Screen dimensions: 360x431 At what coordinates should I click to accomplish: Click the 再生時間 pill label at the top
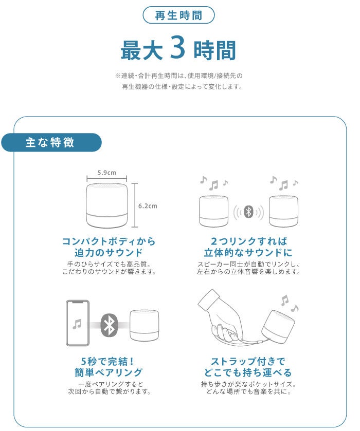pyautogui.click(x=178, y=15)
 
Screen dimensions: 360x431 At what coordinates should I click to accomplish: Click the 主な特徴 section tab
pyautogui.click(x=51, y=142)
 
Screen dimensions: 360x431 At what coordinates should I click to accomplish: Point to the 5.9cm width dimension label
pyautogui.click(x=107, y=173)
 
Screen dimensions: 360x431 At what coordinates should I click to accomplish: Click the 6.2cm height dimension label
pyautogui.click(x=148, y=206)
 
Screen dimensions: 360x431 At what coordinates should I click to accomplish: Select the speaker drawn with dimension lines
pyautogui.click(x=107, y=205)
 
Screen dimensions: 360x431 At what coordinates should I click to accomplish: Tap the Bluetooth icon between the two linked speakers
pyautogui.click(x=249, y=212)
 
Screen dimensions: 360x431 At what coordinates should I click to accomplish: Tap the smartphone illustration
pyautogui.click(x=78, y=323)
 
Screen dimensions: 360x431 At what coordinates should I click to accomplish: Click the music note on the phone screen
pyautogui.click(x=77, y=324)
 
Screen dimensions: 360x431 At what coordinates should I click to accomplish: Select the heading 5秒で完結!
pyautogui.click(x=107, y=361)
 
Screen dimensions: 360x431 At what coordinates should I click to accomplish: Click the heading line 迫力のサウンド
pyautogui.click(x=109, y=252)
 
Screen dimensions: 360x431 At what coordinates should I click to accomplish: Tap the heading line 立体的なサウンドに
pyautogui.click(x=248, y=252)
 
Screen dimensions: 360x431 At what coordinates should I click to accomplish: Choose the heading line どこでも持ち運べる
pyautogui.click(x=248, y=372)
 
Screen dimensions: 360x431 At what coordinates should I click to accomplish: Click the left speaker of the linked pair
pyautogui.click(x=213, y=211)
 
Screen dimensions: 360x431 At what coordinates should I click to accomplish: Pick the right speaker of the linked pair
pyautogui.click(x=283, y=211)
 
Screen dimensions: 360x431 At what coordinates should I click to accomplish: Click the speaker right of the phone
pyautogui.click(x=144, y=326)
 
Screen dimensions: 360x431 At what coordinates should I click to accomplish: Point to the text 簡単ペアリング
pyautogui.click(x=109, y=372)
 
